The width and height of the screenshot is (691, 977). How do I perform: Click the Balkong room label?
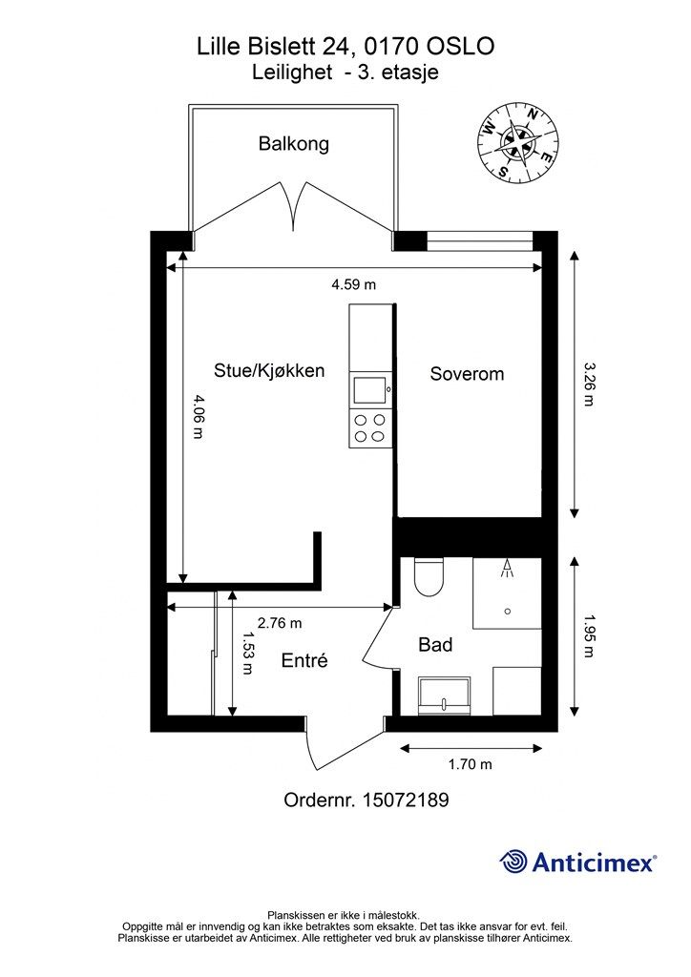pyautogui.click(x=293, y=145)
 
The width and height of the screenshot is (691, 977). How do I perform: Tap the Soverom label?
pyautogui.click(x=467, y=374)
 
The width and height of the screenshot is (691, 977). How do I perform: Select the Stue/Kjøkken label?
pyautogui.click(x=269, y=371)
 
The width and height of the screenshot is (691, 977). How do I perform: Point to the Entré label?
pyautogui.click(x=304, y=660)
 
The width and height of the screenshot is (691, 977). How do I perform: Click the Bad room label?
pyautogui.click(x=435, y=645)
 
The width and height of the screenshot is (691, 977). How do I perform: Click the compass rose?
pyautogui.click(x=517, y=144)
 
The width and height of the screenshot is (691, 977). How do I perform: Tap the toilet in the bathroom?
pyautogui.click(x=429, y=577)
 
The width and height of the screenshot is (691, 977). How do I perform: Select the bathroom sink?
pyautogui.click(x=444, y=696)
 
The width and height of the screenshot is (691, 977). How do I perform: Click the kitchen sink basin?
pyautogui.click(x=370, y=390)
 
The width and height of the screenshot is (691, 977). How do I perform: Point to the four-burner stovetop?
pyautogui.click(x=369, y=428)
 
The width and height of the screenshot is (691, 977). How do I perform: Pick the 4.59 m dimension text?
pyautogui.click(x=353, y=284)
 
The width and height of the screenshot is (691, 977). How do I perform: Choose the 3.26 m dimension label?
pyautogui.click(x=588, y=384)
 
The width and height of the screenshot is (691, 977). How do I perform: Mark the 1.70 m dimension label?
pyautogui.click(x=471, y=764)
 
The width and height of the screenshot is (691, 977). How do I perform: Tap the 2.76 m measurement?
pyautogui.click(x=280, y=623)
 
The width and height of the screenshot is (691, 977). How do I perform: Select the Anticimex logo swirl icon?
pyautogui.click(x=513, y=862)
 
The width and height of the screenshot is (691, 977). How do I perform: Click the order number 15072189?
pyautogui.click(x=406, y=800)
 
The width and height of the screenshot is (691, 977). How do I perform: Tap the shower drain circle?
pyautogui.click(x=508, y=612)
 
